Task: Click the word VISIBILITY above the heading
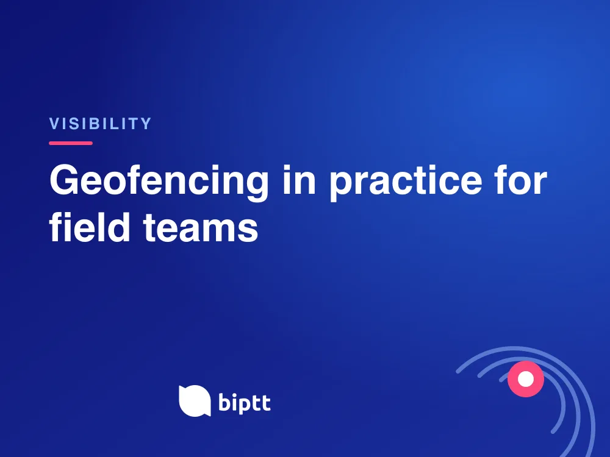pos(100,124)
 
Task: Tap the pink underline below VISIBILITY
pos(71,143)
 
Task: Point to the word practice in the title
pos(406,182)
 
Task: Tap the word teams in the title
pos(201,228)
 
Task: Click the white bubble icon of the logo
pos(195,401)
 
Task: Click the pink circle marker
pos(526,379)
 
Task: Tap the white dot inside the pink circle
pos(526,379)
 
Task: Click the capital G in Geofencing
pos(65,180)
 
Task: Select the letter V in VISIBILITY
pos(54,124)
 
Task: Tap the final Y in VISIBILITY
pos(146,124)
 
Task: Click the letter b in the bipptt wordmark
pos(224,401)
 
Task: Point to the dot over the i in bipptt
pos(235,394)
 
